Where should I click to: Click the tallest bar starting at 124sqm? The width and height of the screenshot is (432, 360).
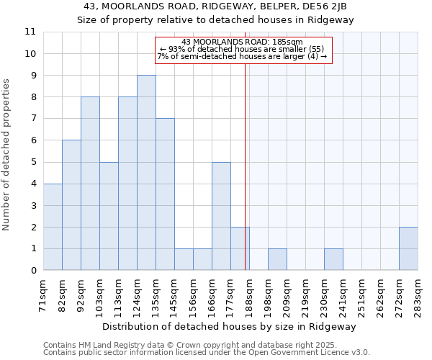(x=146, y=173)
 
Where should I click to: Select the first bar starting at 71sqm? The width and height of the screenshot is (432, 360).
(x=53, y=227)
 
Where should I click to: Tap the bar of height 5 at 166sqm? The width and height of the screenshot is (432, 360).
(x=221, y=216)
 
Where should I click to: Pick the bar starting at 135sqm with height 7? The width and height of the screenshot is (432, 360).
(x=165, y=194)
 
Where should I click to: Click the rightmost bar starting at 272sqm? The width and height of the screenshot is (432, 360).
(x=408, y=248)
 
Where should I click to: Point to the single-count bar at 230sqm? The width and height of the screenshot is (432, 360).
(x=333, y=259)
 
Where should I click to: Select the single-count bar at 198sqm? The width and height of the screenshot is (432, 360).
(x=277, y=259)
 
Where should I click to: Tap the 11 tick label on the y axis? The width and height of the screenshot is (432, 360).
(x=30, y=32)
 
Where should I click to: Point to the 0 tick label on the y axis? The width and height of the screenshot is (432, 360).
(x=33, y=271)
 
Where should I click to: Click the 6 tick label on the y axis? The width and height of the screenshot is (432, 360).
(x=33, y=140)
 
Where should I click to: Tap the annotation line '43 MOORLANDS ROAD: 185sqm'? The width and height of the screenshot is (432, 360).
(x=242, y=42)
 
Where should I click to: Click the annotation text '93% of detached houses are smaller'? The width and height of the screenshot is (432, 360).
(x=243, y=49)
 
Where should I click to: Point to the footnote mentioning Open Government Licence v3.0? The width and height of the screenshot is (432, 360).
(x=207, y=353)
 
